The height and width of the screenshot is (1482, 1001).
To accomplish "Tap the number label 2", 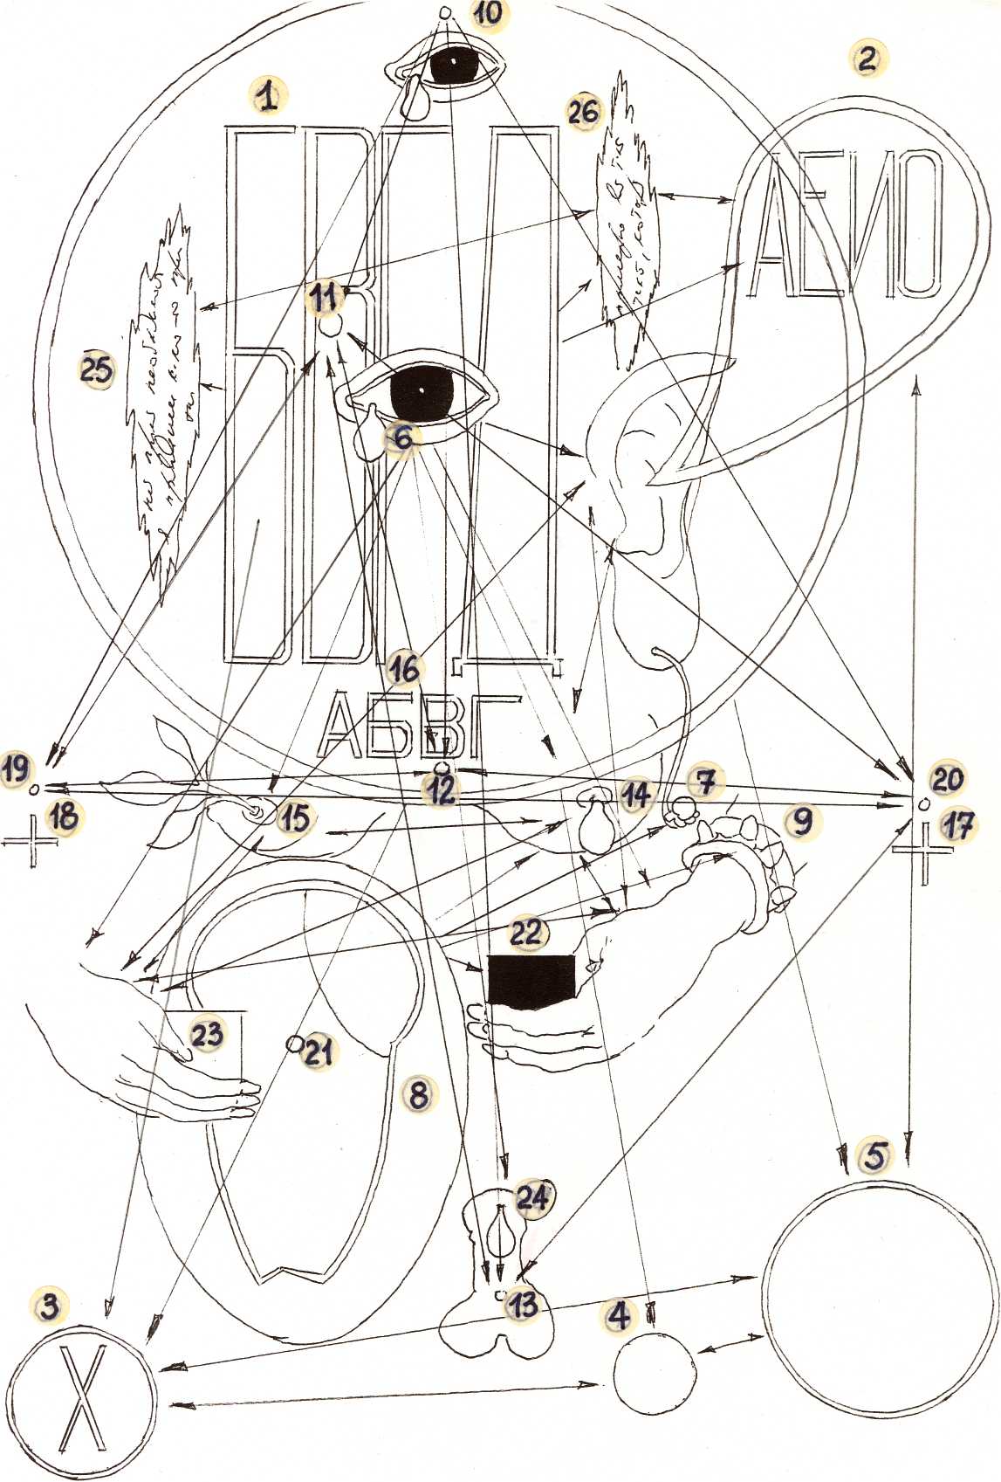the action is click(x=866, y=59).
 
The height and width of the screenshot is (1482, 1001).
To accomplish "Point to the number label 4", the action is click(x=620, y=1313).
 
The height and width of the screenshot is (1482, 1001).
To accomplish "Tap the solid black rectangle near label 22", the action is click(x=531, y=982).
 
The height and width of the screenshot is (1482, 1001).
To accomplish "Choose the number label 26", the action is click(x=584, y=112).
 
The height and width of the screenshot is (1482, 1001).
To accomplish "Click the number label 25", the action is click(x=96, y=369).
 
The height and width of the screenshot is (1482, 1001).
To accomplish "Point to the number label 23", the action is click(x=208, y=1035).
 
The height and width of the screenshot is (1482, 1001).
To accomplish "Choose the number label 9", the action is click(x=801, y=821).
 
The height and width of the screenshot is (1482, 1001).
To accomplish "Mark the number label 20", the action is click(x=947, y=777).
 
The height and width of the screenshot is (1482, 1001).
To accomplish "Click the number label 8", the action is click(x=419, y=1093).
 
